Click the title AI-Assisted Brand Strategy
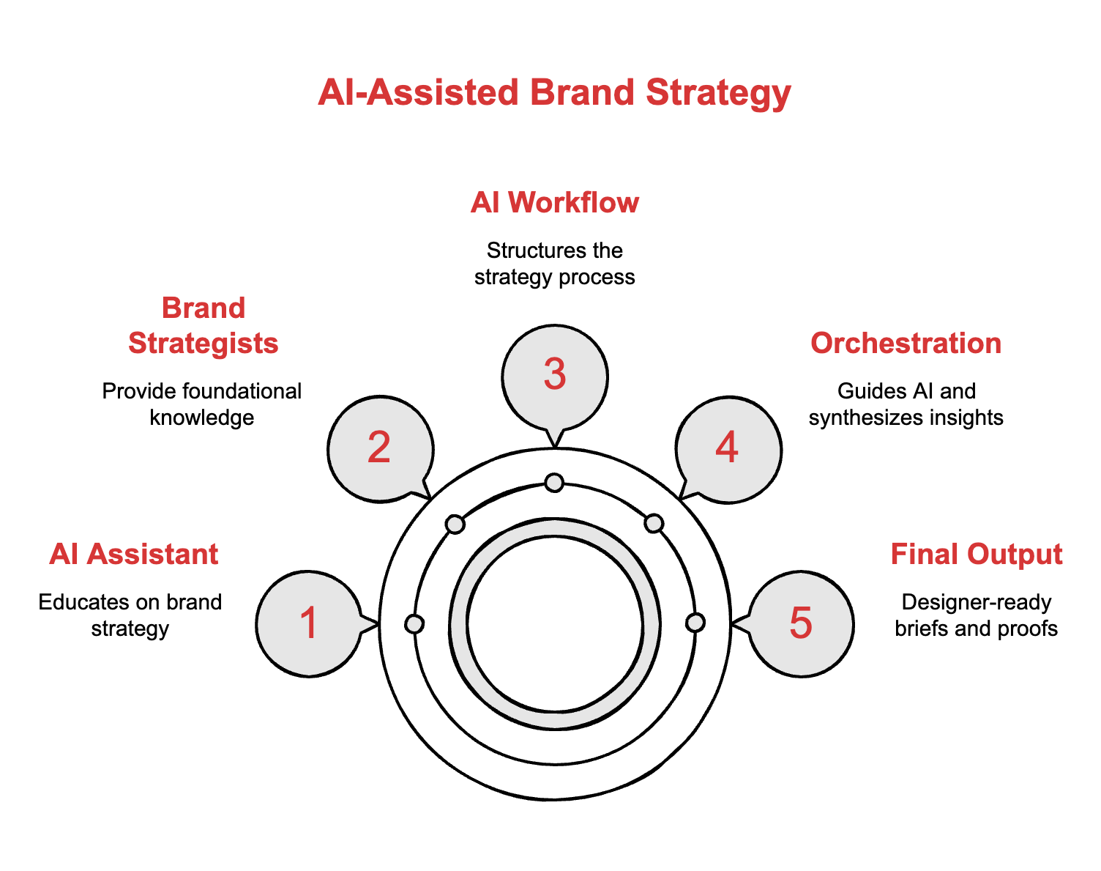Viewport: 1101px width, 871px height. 554,94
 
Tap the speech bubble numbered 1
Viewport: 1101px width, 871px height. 309,623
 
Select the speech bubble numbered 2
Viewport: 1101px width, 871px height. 379,448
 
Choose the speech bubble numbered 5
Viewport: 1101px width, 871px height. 801,623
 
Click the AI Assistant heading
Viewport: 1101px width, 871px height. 134,555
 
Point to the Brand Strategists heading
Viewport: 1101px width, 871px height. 203,325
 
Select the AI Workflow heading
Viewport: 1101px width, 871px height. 555,203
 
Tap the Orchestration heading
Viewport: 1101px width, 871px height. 906,344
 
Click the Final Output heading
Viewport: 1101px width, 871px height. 976,555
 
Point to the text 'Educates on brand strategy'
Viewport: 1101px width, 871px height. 130,615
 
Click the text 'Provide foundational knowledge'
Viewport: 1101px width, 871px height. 202,404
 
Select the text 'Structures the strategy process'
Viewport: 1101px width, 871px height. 555,264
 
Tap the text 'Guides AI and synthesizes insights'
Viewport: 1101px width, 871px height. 906,404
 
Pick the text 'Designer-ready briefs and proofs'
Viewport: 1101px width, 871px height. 976,615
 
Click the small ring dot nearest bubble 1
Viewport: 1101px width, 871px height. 414,623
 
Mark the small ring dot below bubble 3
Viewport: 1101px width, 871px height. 554,482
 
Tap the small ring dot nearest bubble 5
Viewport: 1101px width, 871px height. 695,623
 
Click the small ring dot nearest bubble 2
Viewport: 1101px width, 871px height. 455,524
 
